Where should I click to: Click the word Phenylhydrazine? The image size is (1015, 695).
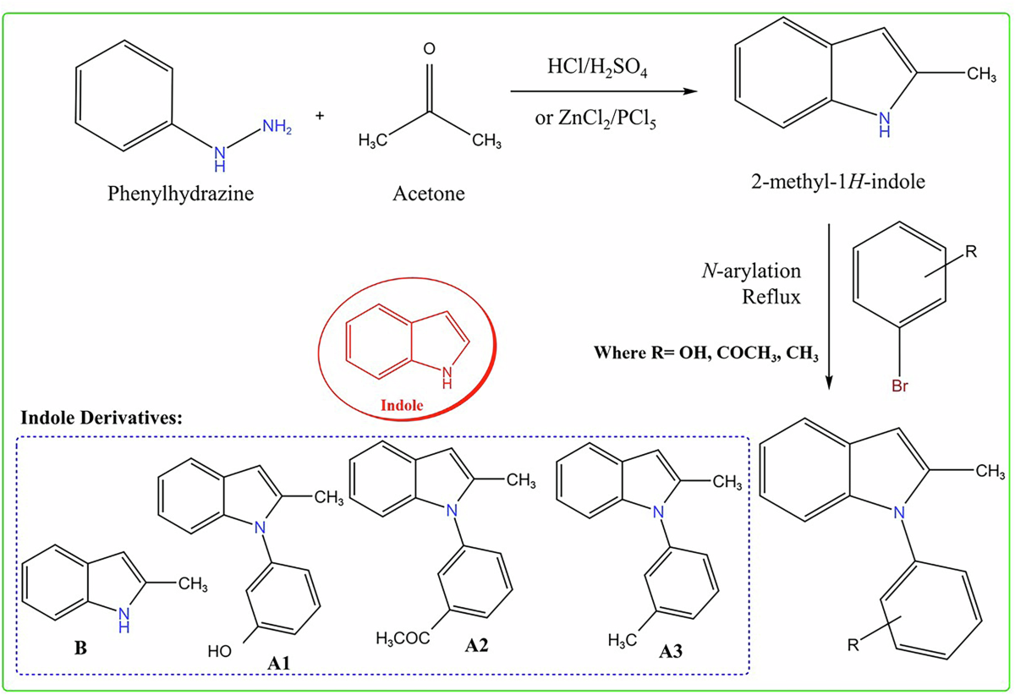click(x=181, y=194)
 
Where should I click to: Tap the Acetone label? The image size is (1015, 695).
click(x=428, y=194)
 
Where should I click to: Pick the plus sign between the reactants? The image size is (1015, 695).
click(x=321, y=114)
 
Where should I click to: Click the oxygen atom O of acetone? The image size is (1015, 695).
click(x=429, y=49)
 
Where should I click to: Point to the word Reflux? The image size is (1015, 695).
click(x=776, y=298)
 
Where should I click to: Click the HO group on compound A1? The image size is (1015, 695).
click(x=221, y=651)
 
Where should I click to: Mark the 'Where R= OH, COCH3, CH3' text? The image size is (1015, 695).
click(x=706, y=353)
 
